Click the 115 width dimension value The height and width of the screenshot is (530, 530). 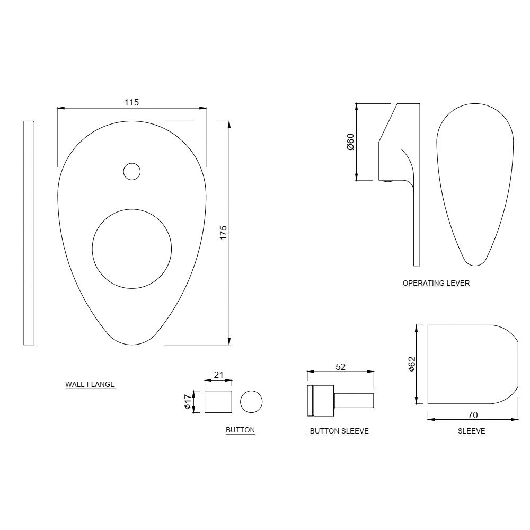(131, 102)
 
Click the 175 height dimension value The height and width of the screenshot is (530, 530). (223, 233)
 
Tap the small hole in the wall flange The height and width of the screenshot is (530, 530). (131, 171)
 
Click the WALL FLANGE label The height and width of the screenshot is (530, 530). (90, 384)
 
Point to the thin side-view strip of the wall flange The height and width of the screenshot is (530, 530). (29, 233)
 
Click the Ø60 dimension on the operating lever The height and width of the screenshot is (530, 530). (350, 142)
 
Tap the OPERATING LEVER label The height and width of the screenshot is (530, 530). (436, 283)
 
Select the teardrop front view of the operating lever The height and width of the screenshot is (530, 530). (475, 185)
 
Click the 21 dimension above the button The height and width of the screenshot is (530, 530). (218, 375)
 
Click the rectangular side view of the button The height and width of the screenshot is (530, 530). (218, 402)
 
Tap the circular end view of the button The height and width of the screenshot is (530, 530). (251, 402)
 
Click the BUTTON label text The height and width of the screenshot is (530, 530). (241, 430)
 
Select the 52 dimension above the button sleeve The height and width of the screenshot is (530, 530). (341, 366)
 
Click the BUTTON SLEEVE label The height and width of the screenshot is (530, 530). (339, 431)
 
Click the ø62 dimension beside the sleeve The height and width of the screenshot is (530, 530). (412, 364)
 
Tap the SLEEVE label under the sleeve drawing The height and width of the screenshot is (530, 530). (472, 431)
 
